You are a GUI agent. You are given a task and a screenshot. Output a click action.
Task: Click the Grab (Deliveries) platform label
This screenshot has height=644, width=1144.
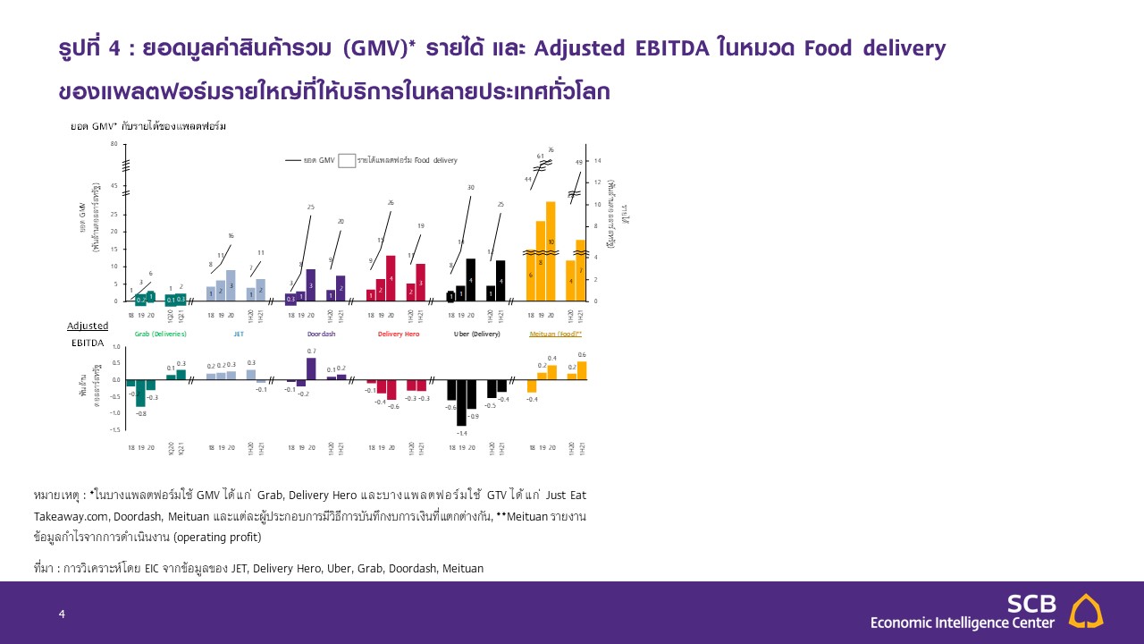point(161,334)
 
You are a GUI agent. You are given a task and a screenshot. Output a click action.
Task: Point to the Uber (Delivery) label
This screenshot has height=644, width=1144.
point(476,334)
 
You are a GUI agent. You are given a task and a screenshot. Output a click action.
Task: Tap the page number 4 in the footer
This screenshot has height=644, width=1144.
point(62,614)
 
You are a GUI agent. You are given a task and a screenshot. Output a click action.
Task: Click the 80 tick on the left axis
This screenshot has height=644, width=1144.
point(114,144)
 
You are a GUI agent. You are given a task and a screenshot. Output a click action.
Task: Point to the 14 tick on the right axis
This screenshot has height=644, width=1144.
point(597,161)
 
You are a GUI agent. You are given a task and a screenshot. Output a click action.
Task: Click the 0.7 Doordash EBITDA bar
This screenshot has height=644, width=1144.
point(311,369)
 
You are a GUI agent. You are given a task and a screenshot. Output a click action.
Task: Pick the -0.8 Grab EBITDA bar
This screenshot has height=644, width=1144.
point(141,393)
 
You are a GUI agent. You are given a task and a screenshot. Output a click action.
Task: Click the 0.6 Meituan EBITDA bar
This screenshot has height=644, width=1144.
point(582,370)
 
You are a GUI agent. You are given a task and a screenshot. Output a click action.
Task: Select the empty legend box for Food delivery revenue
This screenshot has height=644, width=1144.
point(347,161)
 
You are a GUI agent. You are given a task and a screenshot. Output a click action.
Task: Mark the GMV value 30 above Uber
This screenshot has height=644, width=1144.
point(471,187)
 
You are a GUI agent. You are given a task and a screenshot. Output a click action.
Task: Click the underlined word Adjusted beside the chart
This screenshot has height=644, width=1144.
point(88,326)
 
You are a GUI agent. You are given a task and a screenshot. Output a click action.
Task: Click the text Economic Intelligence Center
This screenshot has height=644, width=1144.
point(962,623)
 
